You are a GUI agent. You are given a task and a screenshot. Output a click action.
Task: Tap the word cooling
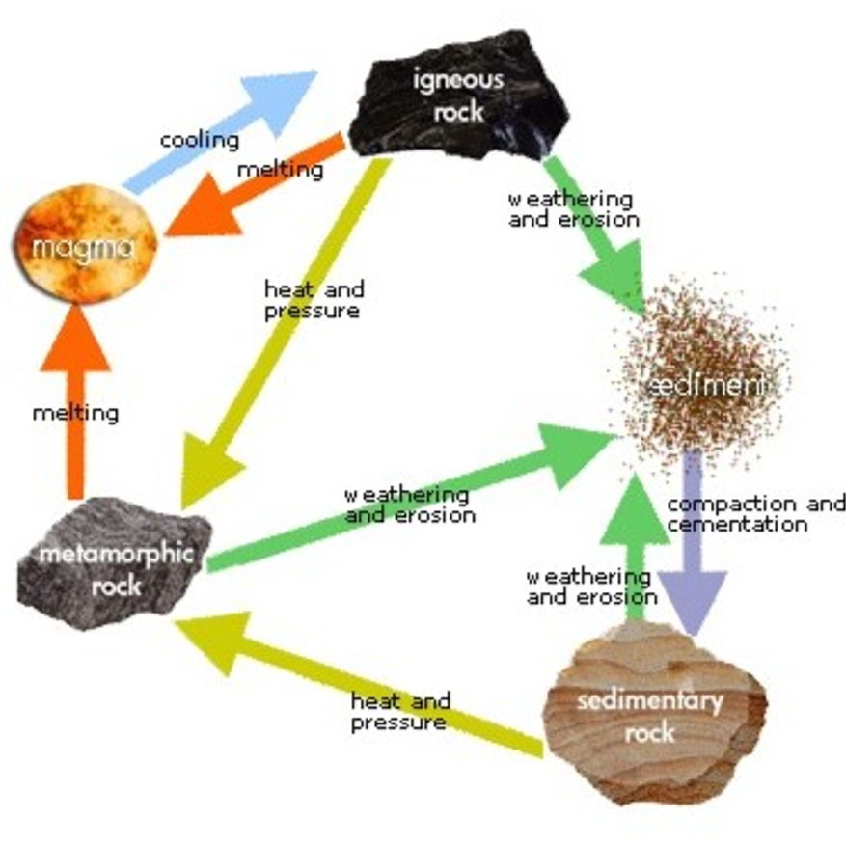tap(199, 140)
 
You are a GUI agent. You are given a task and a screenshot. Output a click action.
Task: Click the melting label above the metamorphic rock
tap(75, 414)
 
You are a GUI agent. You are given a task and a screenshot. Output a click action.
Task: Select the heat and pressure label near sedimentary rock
tap(399, 712)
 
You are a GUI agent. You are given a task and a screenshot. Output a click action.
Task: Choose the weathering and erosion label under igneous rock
tap(571, 208)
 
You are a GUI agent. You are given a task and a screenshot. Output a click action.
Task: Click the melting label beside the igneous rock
tap(280, 170)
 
